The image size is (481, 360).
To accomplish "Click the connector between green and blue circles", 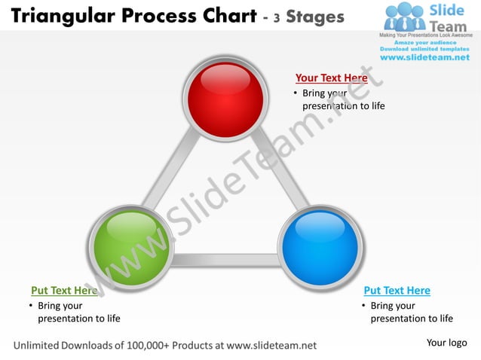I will pyautogui.click(x=225, y=260).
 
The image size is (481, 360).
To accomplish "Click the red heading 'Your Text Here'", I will pyautogui.click(x=331, y=78).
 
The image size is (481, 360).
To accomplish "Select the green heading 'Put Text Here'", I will pyautogui.click(x=64, y=291).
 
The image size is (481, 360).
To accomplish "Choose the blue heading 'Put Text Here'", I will pyautogui.click(x=397, y=291).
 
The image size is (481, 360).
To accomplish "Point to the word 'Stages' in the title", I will pyautogui.click(x=314, y=17).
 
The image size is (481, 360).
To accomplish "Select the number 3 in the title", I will pyautogui.click(x=277, y=18).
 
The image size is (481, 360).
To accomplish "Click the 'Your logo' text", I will pyautogui.click(x=447, y=343).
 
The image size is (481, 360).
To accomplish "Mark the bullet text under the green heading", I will pyautogui.click(x=74, y=312).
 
